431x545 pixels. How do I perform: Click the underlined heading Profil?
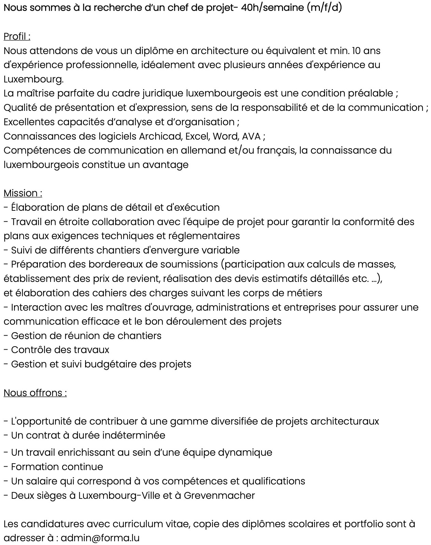[x=17, y=37]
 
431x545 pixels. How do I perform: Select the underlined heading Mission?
[x=23, y=193]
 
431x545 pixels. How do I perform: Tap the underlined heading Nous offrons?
[x=35, y=393]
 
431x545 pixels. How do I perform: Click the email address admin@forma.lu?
[x=100, y=538]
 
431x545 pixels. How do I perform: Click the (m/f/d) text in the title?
[x=324, y=8]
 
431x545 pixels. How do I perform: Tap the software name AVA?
[x=251, y=137]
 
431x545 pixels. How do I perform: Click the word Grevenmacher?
[x=219, y=495]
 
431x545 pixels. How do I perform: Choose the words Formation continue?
[x=57, y=467]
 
